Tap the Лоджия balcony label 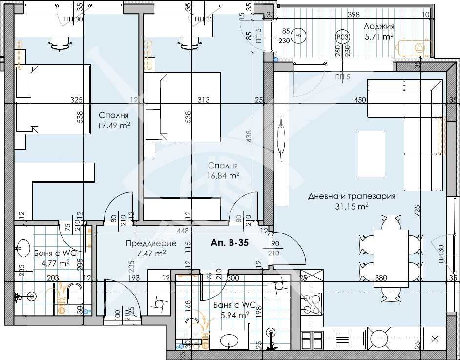click(379, 27)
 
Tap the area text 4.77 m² click(54, 262)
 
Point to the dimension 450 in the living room click(360, 100)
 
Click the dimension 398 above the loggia click(354, 15)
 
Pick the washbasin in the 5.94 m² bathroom click(230, 341)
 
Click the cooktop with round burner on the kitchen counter click(380, 336)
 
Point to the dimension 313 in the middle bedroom click(203, 100)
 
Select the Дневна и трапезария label click(352, 196)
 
